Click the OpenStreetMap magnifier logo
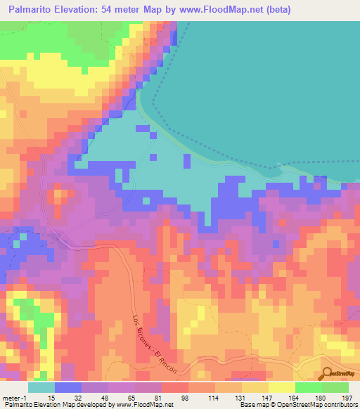pos(327,374)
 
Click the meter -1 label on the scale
pos(13,398)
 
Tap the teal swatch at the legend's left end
pos(41,387)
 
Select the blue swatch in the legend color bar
pos(68,387)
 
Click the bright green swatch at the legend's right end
pos(335,387)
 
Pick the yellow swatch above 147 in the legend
pos(255,387)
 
